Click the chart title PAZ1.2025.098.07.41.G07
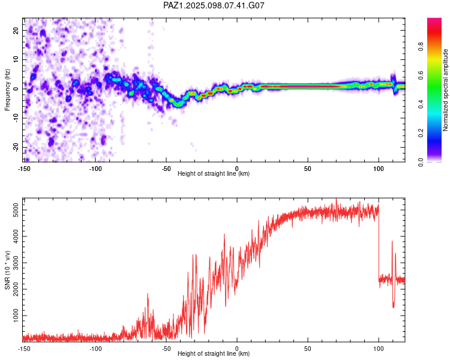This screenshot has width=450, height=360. (x=214, y=5)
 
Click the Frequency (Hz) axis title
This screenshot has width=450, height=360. (x=7, y=90)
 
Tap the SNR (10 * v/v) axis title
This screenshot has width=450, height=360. (x=7, y=270)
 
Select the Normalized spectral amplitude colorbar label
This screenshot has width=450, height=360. (x=445, y=90)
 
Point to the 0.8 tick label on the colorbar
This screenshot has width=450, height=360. (x=421, y=47)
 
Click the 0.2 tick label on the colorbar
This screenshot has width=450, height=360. (x=421, y=133)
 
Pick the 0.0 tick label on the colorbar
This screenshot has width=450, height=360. (x=421, y=162)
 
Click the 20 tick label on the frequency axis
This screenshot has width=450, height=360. (x=16, y=31)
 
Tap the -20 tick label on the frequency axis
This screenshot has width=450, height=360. (x=16, y=148)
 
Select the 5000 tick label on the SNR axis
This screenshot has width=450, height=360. (x=16, y=210)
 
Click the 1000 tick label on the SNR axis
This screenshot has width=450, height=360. (x=16, y=316)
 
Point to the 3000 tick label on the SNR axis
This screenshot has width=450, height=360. (x=16, y=263)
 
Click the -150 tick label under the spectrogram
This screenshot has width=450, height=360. (x=24, y=169)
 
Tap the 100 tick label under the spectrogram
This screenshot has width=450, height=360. (x=379, y=169)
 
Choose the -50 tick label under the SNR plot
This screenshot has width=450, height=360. (x=166, y=349)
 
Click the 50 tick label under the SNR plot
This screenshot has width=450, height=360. (x=308, y=349)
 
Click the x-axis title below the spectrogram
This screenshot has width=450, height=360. (x=214, y=173)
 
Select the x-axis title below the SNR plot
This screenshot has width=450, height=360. (x=214, y=353)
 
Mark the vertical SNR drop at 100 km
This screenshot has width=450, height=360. (x=379, y=244)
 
